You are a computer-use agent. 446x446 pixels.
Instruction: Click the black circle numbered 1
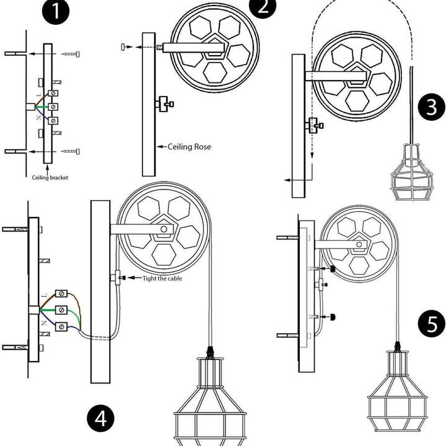(58, 14)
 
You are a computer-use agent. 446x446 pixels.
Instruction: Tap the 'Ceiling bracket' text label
(50, 177)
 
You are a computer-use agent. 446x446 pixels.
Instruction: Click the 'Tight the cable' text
(162, 279)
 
